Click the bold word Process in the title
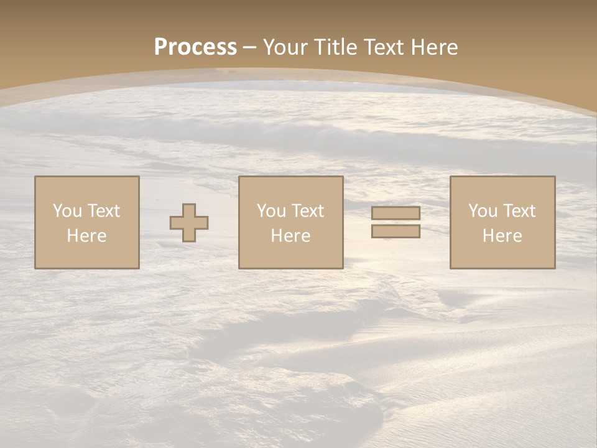coord(195,47)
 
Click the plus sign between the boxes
coord(189,223)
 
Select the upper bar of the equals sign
coord(396,213)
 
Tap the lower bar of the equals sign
coord(396,231)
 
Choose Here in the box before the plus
coord(86,236)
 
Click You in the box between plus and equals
coord(271,211)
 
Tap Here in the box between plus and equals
coord(290,236)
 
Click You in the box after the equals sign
coord(483,211)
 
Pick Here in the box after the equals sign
coord(502,236)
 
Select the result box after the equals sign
coord(502,255)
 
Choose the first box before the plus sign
coord(86,255)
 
